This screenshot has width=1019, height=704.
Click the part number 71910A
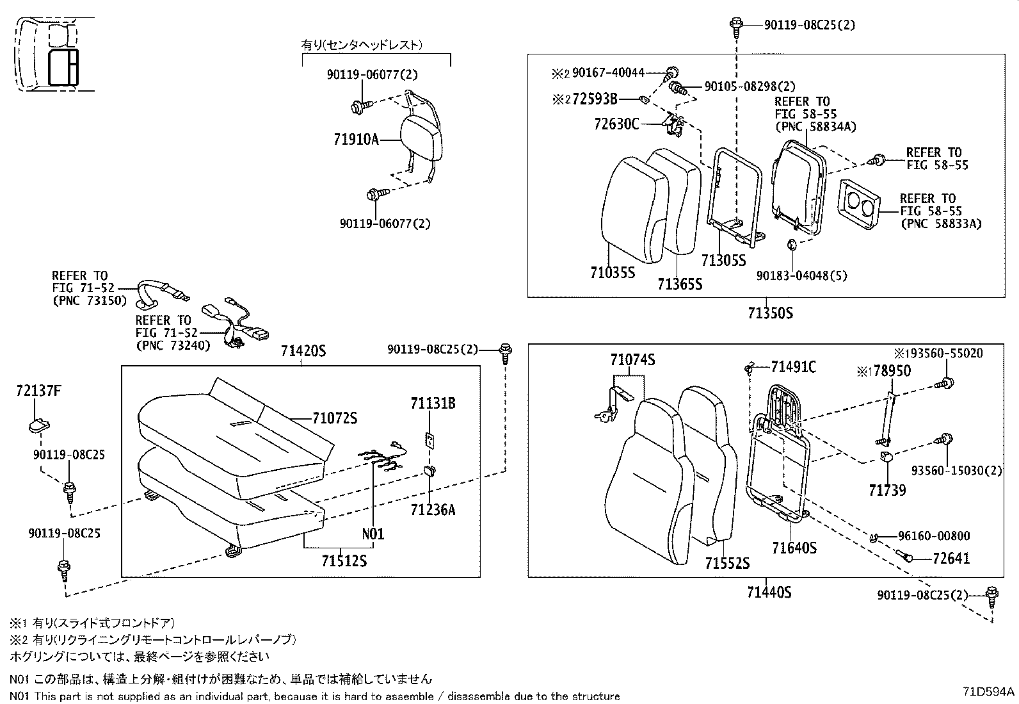click(356, 139)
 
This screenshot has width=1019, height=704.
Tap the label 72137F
click(38, 391)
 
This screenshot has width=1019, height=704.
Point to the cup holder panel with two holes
click(856, 204)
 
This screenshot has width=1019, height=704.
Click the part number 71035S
click(612, 273)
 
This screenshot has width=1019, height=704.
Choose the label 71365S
click(679, 284)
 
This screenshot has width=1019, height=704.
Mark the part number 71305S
click(723, 261)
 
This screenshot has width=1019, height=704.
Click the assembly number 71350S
click(770, 313)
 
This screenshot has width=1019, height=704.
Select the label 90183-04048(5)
click(801, 275)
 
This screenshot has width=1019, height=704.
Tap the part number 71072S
click(334, 419)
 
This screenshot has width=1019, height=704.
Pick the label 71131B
click(433, 404)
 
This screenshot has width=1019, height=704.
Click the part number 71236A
click(433, 510)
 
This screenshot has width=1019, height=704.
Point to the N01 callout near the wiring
click(373, 534)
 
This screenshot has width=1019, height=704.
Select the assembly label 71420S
click(303, 351)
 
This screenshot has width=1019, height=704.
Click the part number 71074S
click(632, 360)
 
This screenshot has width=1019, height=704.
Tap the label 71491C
click(793, 367)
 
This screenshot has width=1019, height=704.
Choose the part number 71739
click(887, 491)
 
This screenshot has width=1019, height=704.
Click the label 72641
click(951, 559)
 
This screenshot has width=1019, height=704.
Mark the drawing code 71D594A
click(989, 692)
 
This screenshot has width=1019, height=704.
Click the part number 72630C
click(616, 124)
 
